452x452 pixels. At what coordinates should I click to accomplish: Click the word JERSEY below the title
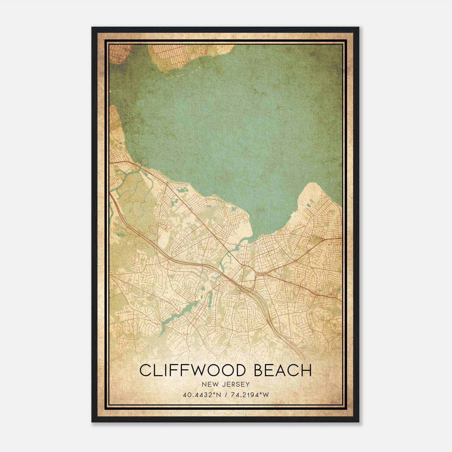tap(235, 384)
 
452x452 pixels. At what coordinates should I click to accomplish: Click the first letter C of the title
tap(145, 370)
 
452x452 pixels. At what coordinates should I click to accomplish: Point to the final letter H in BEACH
tap(307, 370)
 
